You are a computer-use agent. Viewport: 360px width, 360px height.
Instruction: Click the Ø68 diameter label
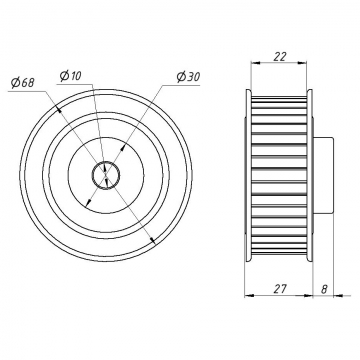(23, 82)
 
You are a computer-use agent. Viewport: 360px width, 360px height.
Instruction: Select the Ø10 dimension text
(70, 76)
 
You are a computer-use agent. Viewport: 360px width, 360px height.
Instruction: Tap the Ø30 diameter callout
(188, 77)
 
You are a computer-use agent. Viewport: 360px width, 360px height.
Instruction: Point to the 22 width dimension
(279, 57)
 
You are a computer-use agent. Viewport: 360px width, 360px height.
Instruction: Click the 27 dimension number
(280, 289)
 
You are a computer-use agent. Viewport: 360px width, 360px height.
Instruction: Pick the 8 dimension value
(324, 289)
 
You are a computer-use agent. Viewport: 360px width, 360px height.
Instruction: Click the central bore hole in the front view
(106, 175)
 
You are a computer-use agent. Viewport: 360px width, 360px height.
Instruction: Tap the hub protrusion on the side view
(323, 175)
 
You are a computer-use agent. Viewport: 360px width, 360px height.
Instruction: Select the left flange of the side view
(248, 175)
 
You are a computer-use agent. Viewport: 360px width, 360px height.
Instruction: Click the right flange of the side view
(309, 175)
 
